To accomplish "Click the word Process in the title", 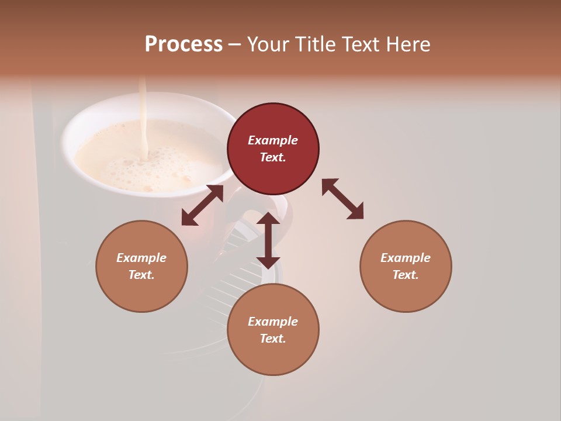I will tap(183, 44).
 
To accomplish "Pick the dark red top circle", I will tap(273, 149).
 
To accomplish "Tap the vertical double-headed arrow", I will tap(268, 240).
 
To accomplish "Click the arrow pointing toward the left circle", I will tap(202, 205).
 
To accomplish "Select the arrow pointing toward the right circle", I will tap(342, 199).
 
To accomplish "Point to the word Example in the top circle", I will tap(273, 140).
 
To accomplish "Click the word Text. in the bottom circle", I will tap(273, 339).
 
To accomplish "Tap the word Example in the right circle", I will tap(406, 258).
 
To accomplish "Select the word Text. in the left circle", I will tap(141, 275).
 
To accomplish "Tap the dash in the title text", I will tap(234, 44).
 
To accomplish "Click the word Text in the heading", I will tap(361, 44).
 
